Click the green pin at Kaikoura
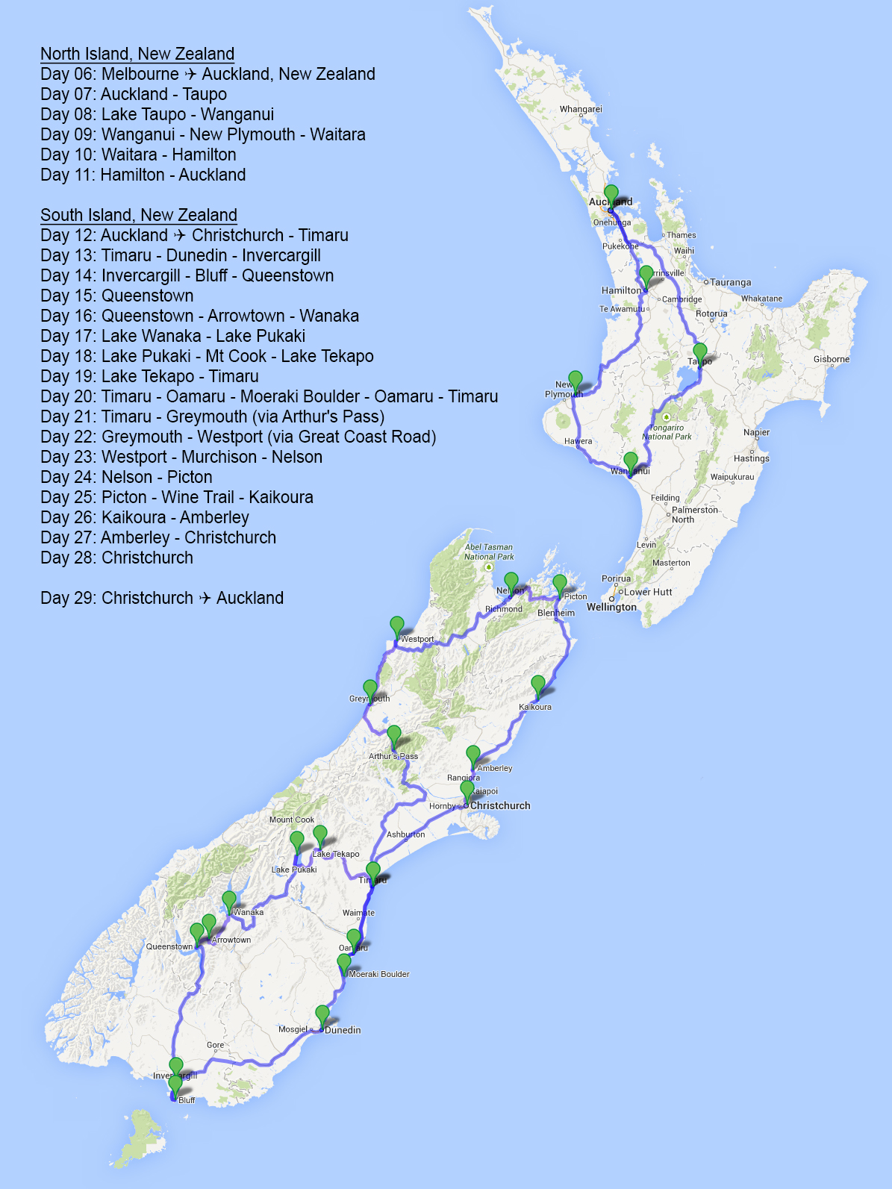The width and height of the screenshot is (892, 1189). click(x=538, y=684)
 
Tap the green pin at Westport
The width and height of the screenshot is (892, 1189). click(x=397, y=625)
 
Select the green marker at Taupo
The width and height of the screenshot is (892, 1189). click(x=699, y=352)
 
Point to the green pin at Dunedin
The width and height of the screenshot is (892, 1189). click(x=322, y=1014)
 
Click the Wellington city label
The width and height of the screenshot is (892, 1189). click(x=611, y=607)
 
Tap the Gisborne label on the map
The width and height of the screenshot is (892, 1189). click(x=831, y=359)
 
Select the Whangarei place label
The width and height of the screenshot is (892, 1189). click(x=580, y=109)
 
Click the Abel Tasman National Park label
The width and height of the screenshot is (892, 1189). click(x=489, y=552)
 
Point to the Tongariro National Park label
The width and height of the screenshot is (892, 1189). click(x=667, y=432)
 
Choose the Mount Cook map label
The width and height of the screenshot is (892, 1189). click(x=292, y=820)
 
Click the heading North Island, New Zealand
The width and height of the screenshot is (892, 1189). click(x=137, y=54)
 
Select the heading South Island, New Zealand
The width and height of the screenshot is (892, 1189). click(x=139, y=215)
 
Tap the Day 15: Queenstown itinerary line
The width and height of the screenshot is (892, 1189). click(x=117, y=296)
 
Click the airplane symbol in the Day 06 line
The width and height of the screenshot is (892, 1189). click(x=190, y=74)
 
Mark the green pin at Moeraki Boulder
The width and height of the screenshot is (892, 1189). click(x=343, y=963)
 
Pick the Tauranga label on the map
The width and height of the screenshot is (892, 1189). click(x=730, y=282)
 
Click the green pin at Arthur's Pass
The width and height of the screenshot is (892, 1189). click(x=393, y=734)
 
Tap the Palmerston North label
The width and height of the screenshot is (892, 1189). click(x=694, y=514)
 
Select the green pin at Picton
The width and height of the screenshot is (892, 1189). click(x=559, y=584)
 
